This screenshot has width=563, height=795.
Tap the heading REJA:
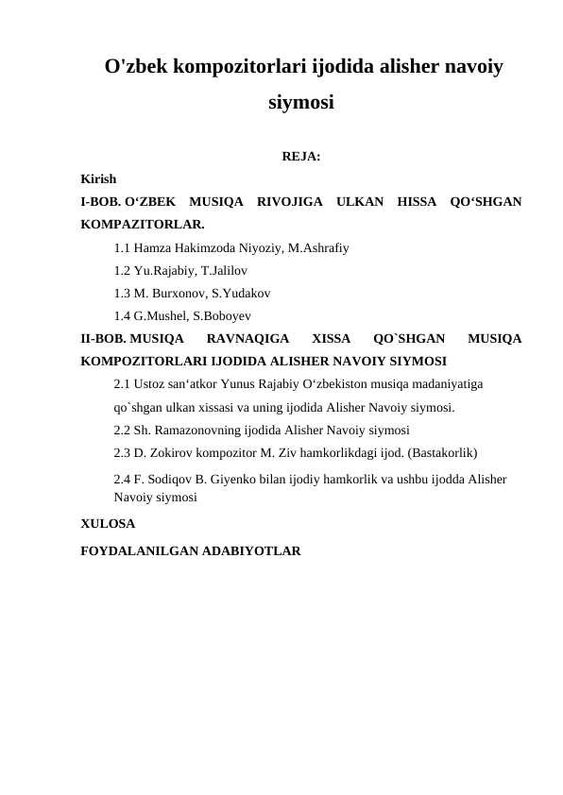[300, 157]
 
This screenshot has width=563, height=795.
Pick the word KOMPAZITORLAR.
[143, 225]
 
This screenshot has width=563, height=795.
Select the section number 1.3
[122, 293]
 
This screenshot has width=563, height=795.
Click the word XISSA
[331, 338]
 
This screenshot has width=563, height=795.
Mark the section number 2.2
[122, 430]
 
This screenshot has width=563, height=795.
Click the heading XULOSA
[108, 522]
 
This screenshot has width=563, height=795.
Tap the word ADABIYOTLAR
[248, 549]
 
